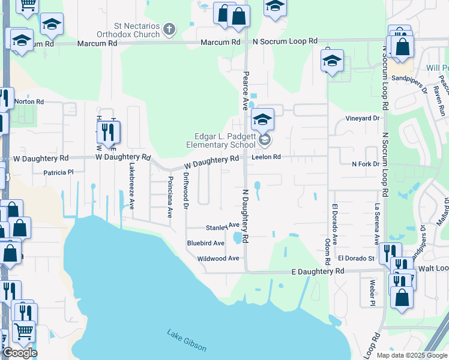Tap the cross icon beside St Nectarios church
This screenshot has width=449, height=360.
click(169, 28)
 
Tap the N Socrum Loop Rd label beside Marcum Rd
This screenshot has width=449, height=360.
click(285, 41)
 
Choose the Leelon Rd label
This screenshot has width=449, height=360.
click(267, 157)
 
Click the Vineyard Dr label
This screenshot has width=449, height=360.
click(363, 118)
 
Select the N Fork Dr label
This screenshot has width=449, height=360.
click(366, 164)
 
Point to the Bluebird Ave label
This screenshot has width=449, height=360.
click(205, 243)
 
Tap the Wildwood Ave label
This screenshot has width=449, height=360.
click(218, 259)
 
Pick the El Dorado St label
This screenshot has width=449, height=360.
click(356, 259)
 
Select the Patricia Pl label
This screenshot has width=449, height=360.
click(58, 172)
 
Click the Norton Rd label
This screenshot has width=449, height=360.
click(29, 102)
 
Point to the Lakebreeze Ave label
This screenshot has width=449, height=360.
click(132, 187)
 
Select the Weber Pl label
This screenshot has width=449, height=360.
click(372, 291)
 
